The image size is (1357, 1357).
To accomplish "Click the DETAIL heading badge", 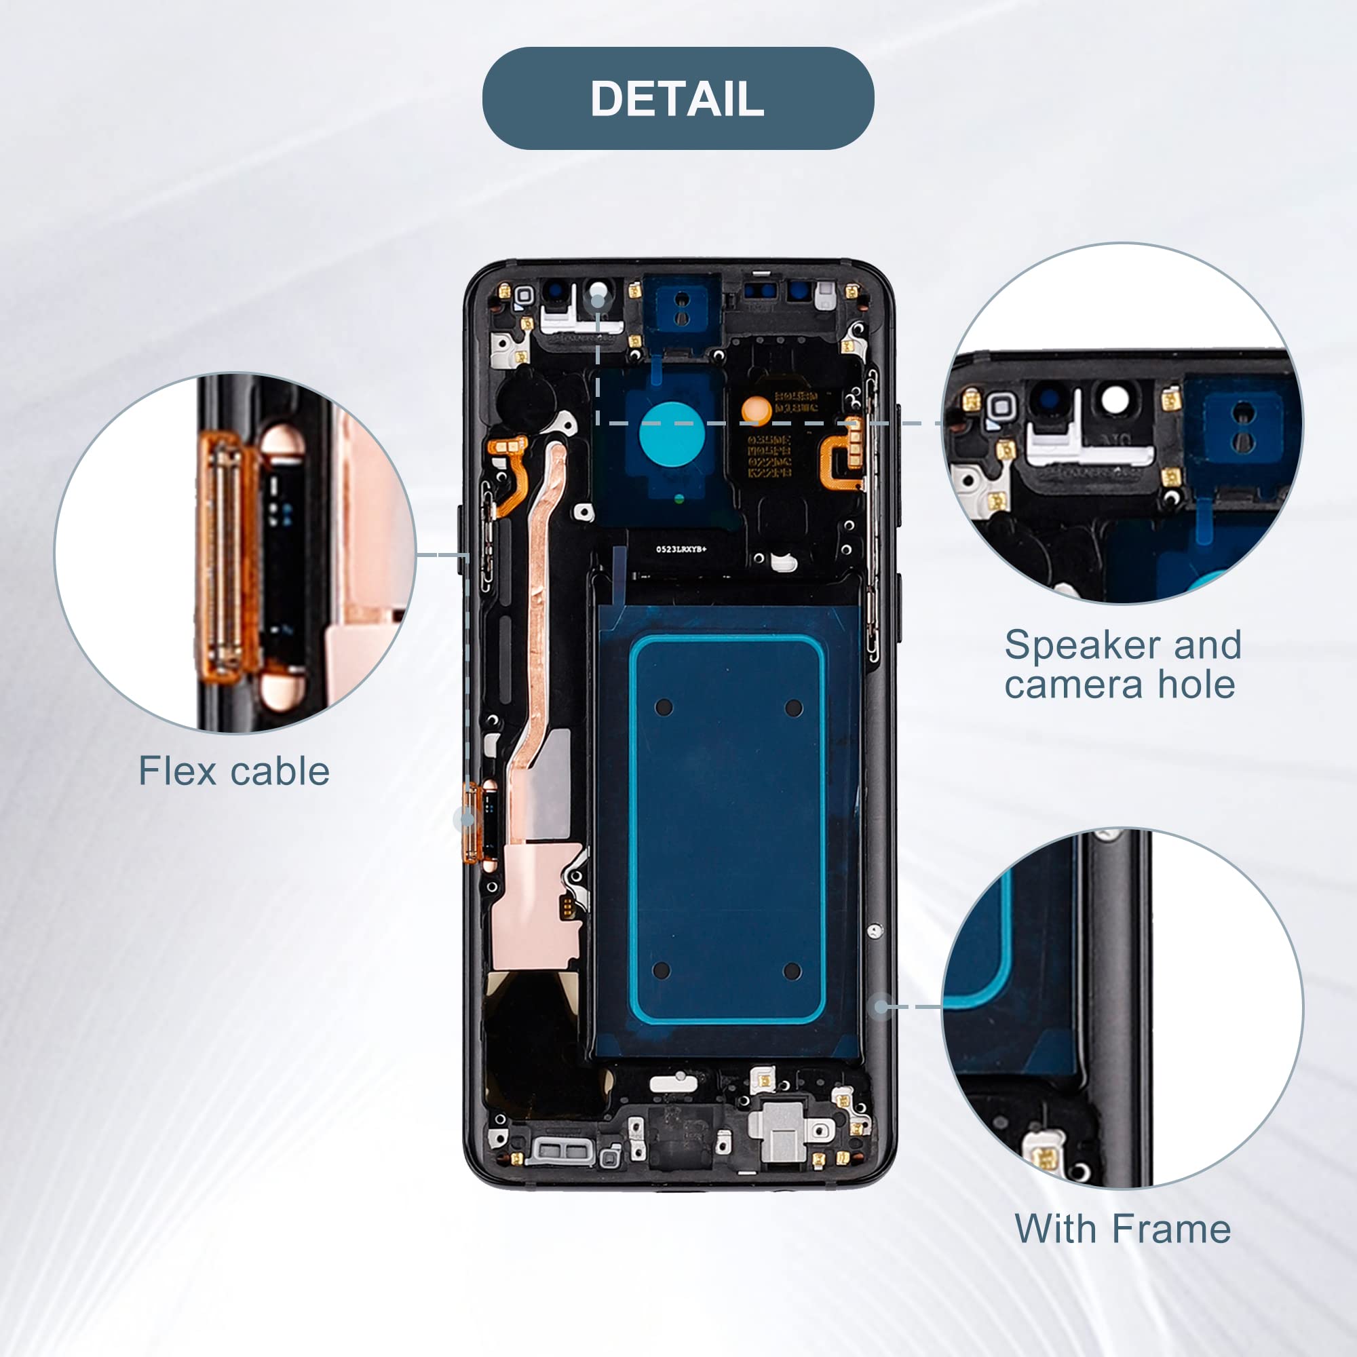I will [678, 98].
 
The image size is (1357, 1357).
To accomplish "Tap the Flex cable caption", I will [234, 771].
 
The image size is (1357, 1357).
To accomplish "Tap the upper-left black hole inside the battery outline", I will [664, 707].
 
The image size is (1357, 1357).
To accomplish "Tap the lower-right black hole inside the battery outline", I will [792, 972].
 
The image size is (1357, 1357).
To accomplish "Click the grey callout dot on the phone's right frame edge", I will [882, 1006].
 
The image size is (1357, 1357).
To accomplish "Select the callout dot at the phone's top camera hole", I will [598, 301].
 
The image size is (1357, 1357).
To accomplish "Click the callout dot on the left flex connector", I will [464, 818].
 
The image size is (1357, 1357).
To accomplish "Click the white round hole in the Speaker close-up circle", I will [1114, 401].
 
